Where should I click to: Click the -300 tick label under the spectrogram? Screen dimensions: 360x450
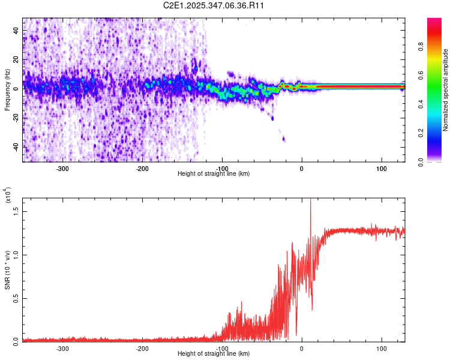coord(63,168)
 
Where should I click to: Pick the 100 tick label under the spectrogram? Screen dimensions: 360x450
coord(381,168)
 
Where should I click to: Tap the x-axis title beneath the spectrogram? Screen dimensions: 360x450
coord(214,173)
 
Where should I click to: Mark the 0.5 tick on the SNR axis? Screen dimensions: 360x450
coord(16,298)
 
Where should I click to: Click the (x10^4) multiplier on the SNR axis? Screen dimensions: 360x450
coord(7,196)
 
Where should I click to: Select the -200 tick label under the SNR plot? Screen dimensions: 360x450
coord(142,348)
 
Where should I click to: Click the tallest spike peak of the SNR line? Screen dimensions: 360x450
coord(310,200)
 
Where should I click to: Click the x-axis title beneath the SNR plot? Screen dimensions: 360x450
coord(214,354)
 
